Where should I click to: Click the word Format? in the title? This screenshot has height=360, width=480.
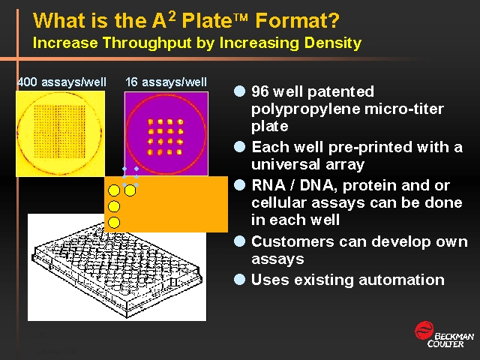coord(297,20)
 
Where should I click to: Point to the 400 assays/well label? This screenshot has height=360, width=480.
coord(61,82)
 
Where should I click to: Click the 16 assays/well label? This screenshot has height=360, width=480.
coord(166,82)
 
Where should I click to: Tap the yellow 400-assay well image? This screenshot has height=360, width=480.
coord(60,133)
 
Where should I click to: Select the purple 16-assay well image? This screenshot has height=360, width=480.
coord(166,133)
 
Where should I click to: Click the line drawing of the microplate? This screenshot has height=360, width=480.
coord(117,272)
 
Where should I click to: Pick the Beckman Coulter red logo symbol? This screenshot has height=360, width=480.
coord(424,330)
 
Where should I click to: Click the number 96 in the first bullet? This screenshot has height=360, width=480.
coord(259,91)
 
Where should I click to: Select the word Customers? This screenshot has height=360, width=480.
coord(292,241)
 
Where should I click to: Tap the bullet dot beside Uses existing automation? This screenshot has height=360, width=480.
coord(239,280)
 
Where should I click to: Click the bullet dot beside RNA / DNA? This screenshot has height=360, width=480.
coord(239,185)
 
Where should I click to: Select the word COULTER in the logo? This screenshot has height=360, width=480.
coord(445,344)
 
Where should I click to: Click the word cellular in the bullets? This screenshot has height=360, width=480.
coord(278,202)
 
